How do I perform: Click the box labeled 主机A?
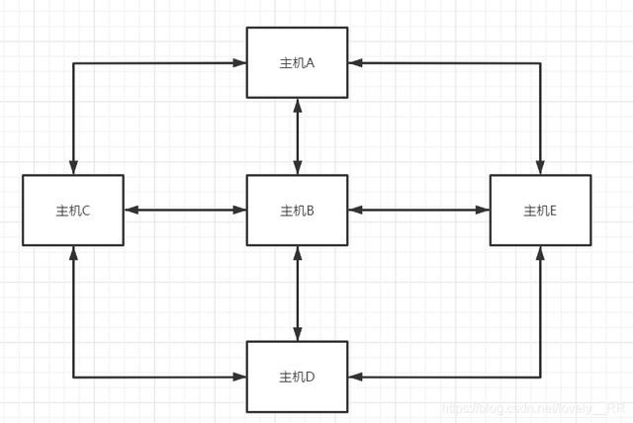tap(297, 62)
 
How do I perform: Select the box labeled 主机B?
tap(297, 210)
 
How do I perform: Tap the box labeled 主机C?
tap(73, 210)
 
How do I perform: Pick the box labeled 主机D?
tap(297, 377)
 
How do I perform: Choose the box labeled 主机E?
tap(540, 210)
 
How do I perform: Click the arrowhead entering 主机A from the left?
tap(240, 62)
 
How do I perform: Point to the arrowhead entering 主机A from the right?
tap(354, 62)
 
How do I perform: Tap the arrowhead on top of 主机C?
tap(73, 168)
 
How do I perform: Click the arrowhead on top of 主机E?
tap(540, 168)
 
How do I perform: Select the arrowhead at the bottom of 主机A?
tap(297, 105)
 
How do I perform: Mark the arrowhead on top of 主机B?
tap(297, 168)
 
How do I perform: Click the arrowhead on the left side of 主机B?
tap(240, 210)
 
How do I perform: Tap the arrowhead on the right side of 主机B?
tap(354, 210)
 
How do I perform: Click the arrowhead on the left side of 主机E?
tap(484, 210)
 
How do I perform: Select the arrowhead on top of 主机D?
tap(297, 335)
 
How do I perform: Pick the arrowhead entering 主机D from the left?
tap(240, 377)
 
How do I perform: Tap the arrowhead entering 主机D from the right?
tap(354, 377)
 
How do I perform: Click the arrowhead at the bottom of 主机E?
tap(540, 252)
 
